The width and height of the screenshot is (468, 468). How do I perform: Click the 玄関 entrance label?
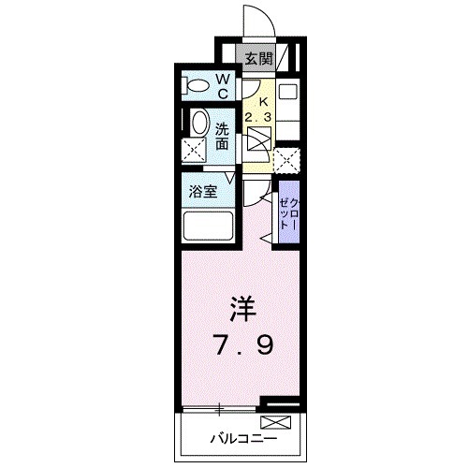[258, 57]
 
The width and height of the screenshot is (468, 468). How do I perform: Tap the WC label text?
[226, 87]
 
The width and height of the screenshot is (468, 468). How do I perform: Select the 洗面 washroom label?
[223, 136]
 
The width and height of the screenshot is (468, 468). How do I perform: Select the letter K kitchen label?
[263, 100]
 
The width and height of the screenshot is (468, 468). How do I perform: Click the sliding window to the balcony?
[220, 409]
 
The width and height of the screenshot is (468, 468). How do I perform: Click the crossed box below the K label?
[258, 141]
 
